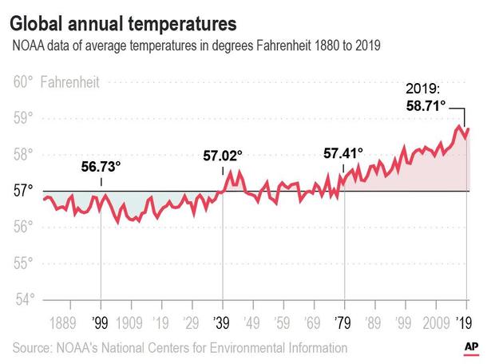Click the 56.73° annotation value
tap(101, 167)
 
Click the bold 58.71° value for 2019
tap(432, 105)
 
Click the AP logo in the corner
tap(473, 347)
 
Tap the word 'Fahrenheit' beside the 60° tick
tap(71, 81)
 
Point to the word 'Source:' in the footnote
tap(34, 347)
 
